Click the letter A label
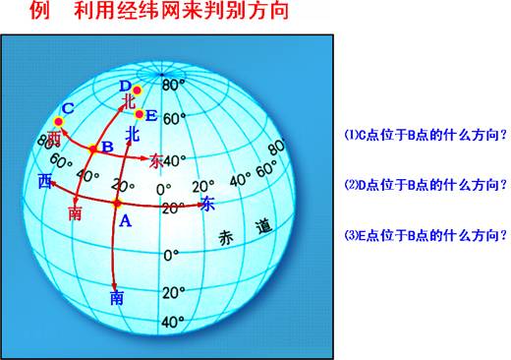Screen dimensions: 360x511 click(124, 221)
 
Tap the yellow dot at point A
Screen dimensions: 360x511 click(116, 204)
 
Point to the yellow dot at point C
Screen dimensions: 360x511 click(58, 121)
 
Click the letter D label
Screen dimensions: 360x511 click(124, 84)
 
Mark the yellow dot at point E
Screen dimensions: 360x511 click(139, 113)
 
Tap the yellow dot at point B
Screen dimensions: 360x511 click(93, 150)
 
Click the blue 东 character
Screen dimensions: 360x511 click(206, 204)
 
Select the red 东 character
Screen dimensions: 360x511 click(157, 160)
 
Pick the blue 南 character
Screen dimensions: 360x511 click(117, 296)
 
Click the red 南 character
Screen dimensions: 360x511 click(76, 213)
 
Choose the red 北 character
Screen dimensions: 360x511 click(128, 99)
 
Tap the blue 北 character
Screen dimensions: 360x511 click(134, 132)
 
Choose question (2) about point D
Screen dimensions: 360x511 click(426, 184)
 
